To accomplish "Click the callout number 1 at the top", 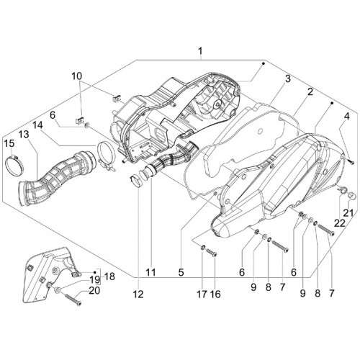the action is pyautogui.click(x=200, y=51).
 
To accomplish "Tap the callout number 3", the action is pyautogui.click(x=288, y=78).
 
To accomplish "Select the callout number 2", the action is pyautogui.click(x=310, y=91).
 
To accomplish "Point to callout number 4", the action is pyautogui.click(x=346, y=117).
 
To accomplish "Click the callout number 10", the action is pyautogui.click(x=77, y=76).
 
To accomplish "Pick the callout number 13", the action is pyautogui.click(x=24, y=135).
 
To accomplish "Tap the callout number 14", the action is pyautogui.click(x=37, y=125).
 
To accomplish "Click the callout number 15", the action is pyautogui.click(x=9, y=143).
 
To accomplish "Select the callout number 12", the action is pyautogui.click(x=138, y=294).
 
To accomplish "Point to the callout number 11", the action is pyautogui.click(x=150, y=272).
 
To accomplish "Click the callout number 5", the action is pyautogui.click(x=181, y=272).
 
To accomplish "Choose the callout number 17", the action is pyautogui.click(x=202, y=294).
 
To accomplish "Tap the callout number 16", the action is pyautogui.click(x=215, y=294).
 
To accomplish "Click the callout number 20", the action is pyautogui.click(x=94, y=291).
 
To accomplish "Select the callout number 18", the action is pyautogui.click(x=109, y=276).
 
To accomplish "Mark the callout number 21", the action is pyautogui.click(x=348, y=212).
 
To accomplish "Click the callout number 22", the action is pyautogui.click(x=340, y=223).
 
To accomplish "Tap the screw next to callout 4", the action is pyautogui.click(x=351, y=162).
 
